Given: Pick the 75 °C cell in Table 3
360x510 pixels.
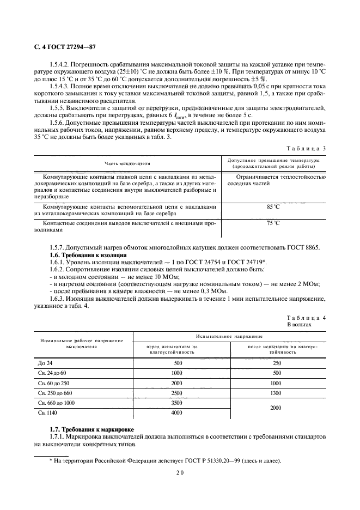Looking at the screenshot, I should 273,223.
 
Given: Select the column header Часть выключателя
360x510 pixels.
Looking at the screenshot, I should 127,163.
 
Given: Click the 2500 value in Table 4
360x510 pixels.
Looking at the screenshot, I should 176,392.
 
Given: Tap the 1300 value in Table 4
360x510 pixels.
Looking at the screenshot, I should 276,392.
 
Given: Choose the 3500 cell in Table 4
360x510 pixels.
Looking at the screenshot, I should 176,403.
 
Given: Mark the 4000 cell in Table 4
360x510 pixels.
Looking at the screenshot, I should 176,412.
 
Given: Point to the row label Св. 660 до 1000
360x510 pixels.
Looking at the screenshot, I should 57,403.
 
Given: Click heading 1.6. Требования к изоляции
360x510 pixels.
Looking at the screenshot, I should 88,255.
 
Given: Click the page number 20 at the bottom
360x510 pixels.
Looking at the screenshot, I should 180,473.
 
